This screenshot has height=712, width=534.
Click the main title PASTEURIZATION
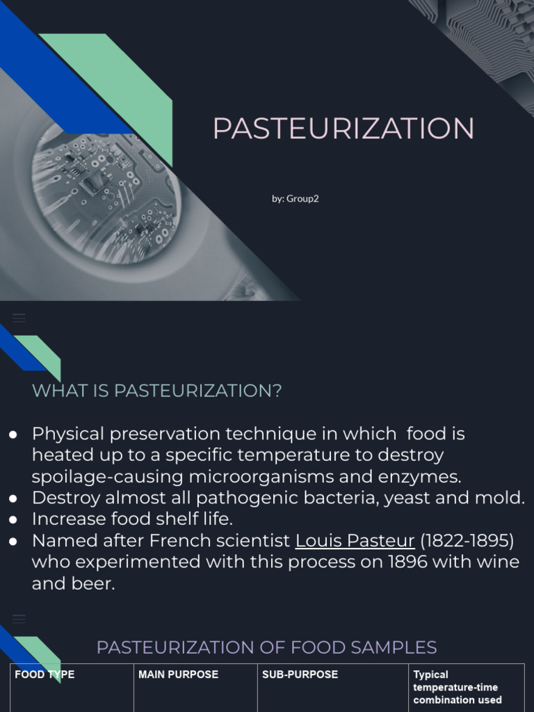tap(343, 129)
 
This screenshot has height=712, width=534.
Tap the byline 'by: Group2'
tap(296, 198)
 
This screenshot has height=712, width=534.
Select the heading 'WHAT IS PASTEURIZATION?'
tap(157, 391)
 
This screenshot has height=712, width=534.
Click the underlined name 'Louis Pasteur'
tap(355, 540)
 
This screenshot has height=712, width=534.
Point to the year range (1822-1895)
tap(467, 540)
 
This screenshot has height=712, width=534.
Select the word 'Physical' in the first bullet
tap(68, 434)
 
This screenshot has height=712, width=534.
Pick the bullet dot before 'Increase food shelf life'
tap(13, 519)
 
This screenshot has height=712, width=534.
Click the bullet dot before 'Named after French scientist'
tap(13, 541)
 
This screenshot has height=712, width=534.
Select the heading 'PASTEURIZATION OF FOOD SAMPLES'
tap(266, 647)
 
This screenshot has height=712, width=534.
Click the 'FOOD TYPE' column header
tap(44, 674)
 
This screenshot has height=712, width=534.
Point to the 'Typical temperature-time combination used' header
tap(457, 687)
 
